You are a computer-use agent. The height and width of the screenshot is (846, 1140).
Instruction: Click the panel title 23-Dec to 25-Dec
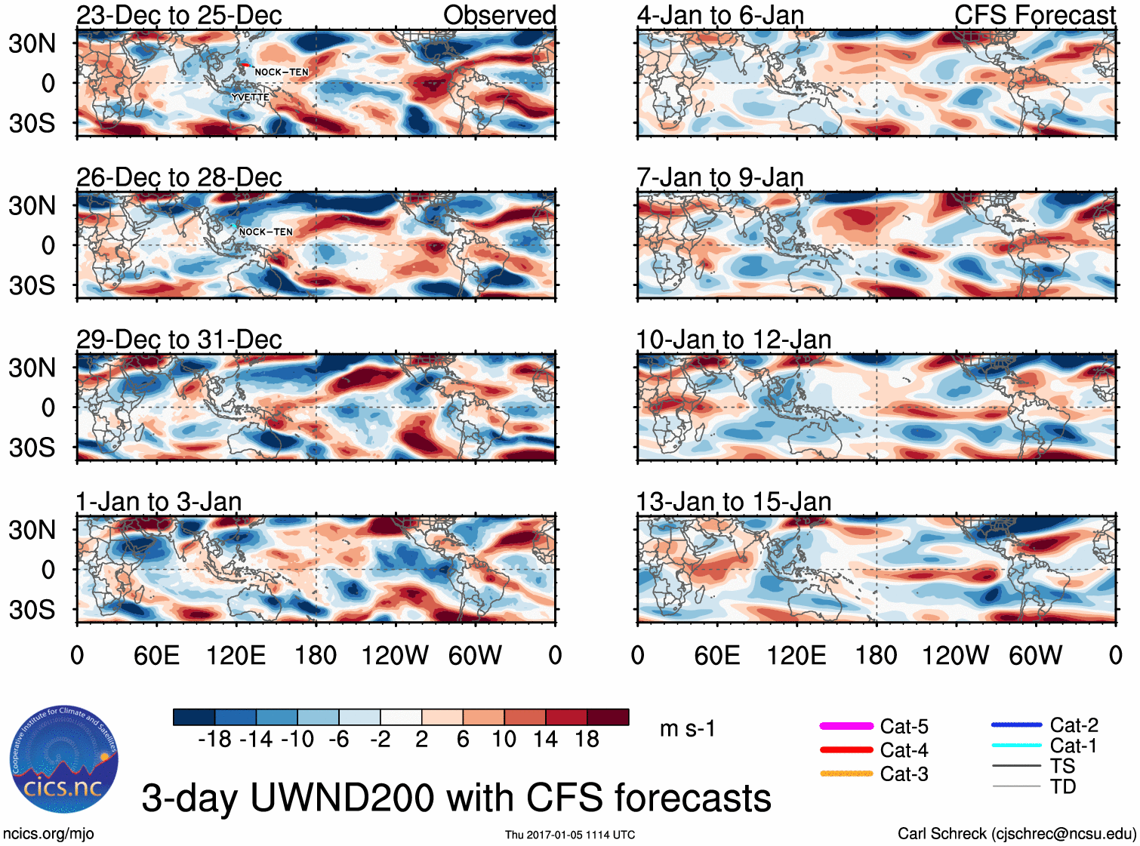point(179,15)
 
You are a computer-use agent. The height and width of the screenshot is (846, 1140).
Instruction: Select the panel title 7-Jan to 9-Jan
point(719,177)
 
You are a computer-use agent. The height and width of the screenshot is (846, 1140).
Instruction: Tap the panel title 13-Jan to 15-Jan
point(733,502)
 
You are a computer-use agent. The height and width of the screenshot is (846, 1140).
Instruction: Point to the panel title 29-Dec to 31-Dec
point(179,340)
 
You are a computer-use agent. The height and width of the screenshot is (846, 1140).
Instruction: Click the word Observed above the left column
point(499,15)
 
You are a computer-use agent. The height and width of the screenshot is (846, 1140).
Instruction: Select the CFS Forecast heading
point(1034,15)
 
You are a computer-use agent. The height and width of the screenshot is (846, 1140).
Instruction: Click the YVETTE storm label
point(251,97)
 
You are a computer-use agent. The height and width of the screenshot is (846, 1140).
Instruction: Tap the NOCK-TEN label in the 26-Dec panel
point(266,232)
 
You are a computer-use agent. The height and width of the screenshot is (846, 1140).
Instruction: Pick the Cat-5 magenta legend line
point(846,726)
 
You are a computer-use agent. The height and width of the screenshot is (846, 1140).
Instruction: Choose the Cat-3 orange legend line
point(846,774)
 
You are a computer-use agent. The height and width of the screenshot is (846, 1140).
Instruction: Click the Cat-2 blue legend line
point(1016,725)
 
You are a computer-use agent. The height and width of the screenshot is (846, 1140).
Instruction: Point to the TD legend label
point(1063,786)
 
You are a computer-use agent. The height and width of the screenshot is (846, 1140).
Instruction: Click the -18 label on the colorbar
point(214,739)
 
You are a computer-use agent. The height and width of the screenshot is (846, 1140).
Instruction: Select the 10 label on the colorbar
point(504,739)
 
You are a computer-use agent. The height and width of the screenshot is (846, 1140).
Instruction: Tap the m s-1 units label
point(687,728)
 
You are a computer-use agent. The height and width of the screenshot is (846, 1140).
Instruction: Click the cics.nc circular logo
point(64,760)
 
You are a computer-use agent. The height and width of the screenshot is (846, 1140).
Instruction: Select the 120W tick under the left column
point(395,655)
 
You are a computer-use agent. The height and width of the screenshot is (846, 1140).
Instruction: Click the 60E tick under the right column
point(716,655)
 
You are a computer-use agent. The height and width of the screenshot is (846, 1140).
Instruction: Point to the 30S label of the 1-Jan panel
point(32,609)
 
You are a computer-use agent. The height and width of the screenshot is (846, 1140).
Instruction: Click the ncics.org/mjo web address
point(48,834)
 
